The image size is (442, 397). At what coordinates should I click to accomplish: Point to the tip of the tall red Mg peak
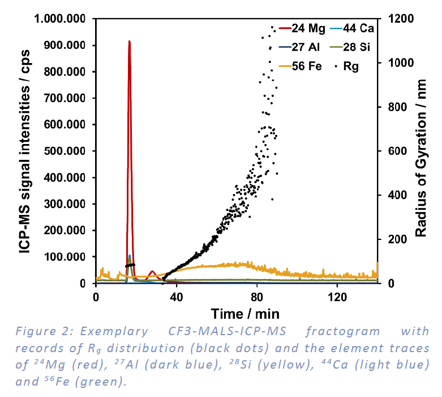[129, 41]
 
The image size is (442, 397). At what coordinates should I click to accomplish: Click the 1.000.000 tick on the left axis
[59, 19]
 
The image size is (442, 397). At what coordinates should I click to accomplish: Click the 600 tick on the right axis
[394, 151]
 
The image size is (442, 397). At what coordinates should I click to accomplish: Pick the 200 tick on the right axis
[394, 239]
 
